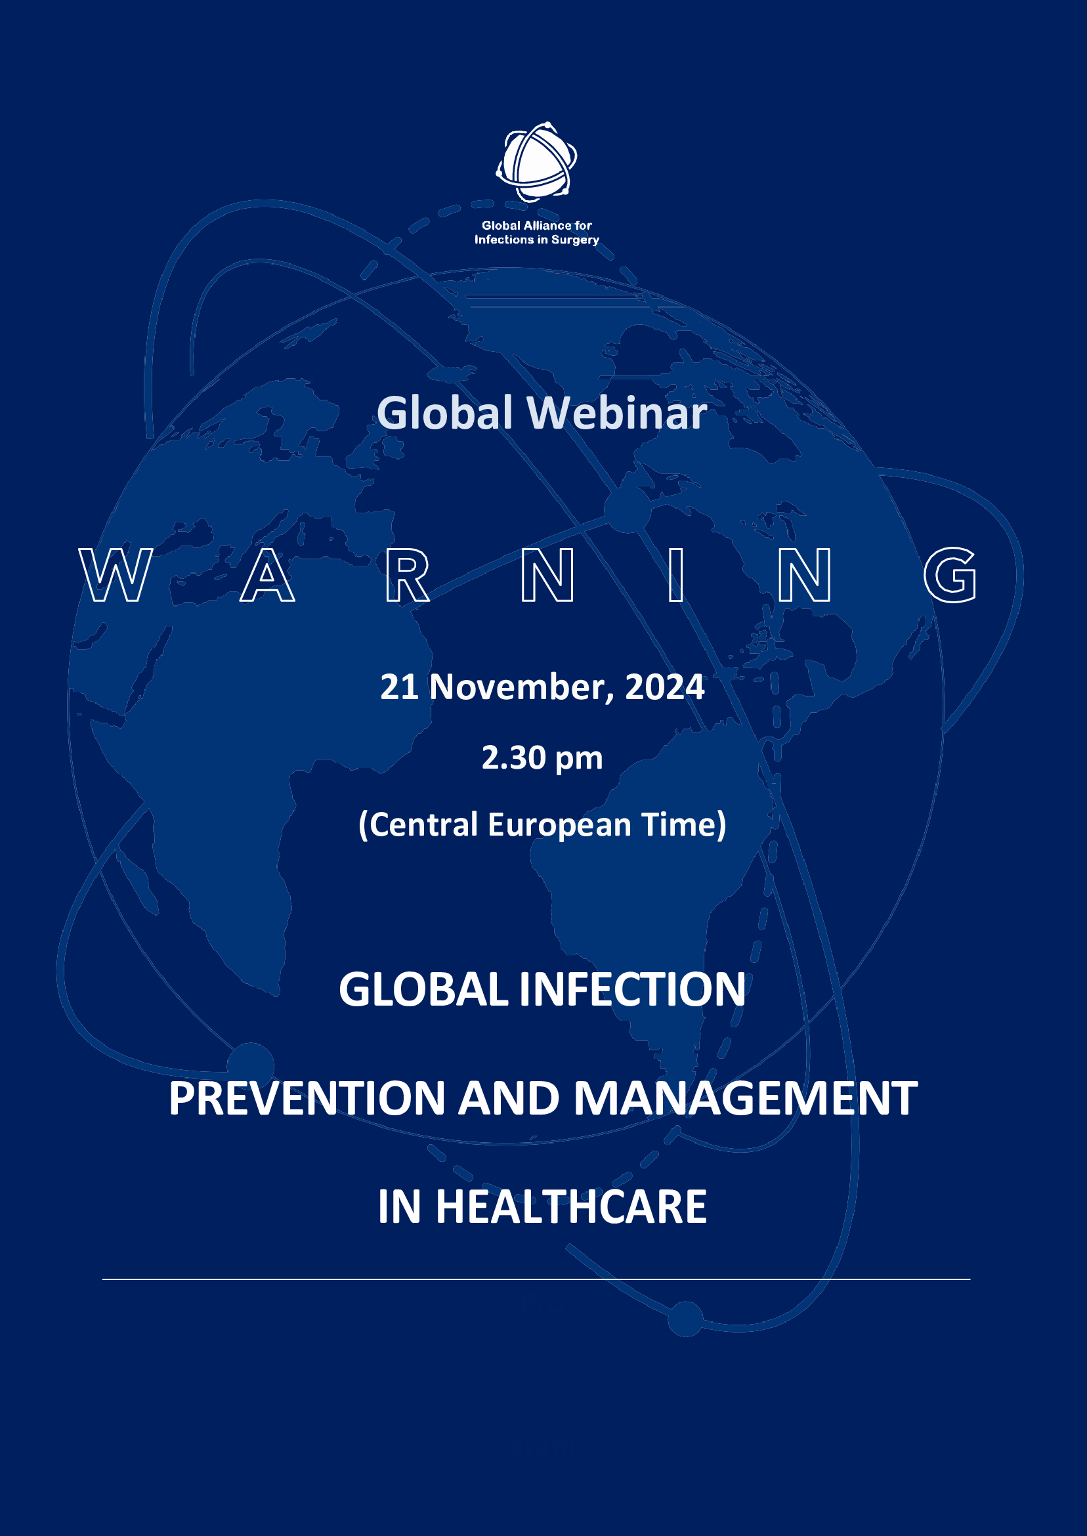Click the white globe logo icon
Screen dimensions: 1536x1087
point(536,162)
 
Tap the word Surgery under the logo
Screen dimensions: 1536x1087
point(575,240)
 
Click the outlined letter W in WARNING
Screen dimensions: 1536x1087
point(116,575)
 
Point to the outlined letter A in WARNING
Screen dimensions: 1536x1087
point(267,575)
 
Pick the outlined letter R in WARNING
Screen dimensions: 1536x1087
point(407,575)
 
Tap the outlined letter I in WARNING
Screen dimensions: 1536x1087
point(676,575)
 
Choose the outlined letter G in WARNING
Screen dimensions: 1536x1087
point(950,575)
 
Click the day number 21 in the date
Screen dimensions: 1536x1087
point(400,687)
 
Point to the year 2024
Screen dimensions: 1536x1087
point(665,687)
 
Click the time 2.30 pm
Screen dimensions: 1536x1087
point(542,757)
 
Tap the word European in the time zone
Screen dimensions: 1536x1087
point(559,824)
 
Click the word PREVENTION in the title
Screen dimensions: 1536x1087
point(307,1099)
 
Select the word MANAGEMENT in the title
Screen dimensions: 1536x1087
point(746,1099)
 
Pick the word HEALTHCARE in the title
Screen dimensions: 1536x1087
point(571,1206)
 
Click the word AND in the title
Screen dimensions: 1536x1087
point(509,1099)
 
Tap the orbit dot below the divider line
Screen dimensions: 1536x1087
point(685,1319)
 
